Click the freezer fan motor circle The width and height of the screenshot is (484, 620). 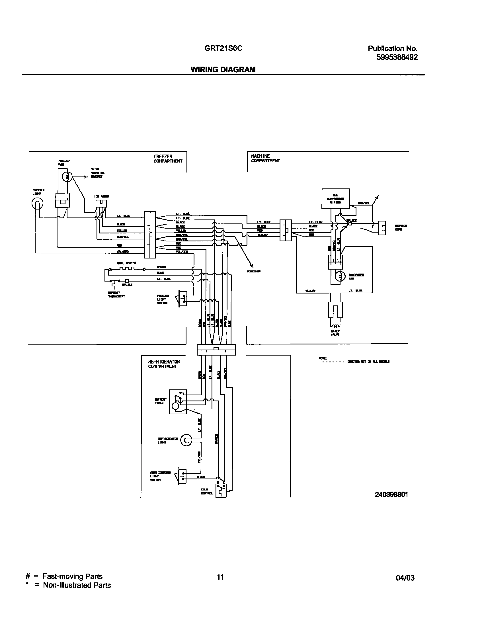tap(67, 177)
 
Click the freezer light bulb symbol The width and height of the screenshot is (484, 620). tap(37, 204)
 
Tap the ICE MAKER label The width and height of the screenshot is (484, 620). tap(102, 196)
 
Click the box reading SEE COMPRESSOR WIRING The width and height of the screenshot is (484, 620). tap(336, 198)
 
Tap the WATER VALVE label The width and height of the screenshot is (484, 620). tap(335, 333)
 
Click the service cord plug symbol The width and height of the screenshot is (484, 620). tap(382, 228)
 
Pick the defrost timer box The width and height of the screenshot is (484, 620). tap(178, 402)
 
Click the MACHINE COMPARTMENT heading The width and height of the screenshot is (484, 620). tap(265, 159)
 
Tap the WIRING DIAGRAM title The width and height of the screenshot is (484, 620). tap(223, 69)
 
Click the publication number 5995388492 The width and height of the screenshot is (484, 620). tap(397, 57)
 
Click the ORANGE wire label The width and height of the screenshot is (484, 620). tap(217, 439)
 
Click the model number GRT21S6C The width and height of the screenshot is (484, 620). tap(223, 48)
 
